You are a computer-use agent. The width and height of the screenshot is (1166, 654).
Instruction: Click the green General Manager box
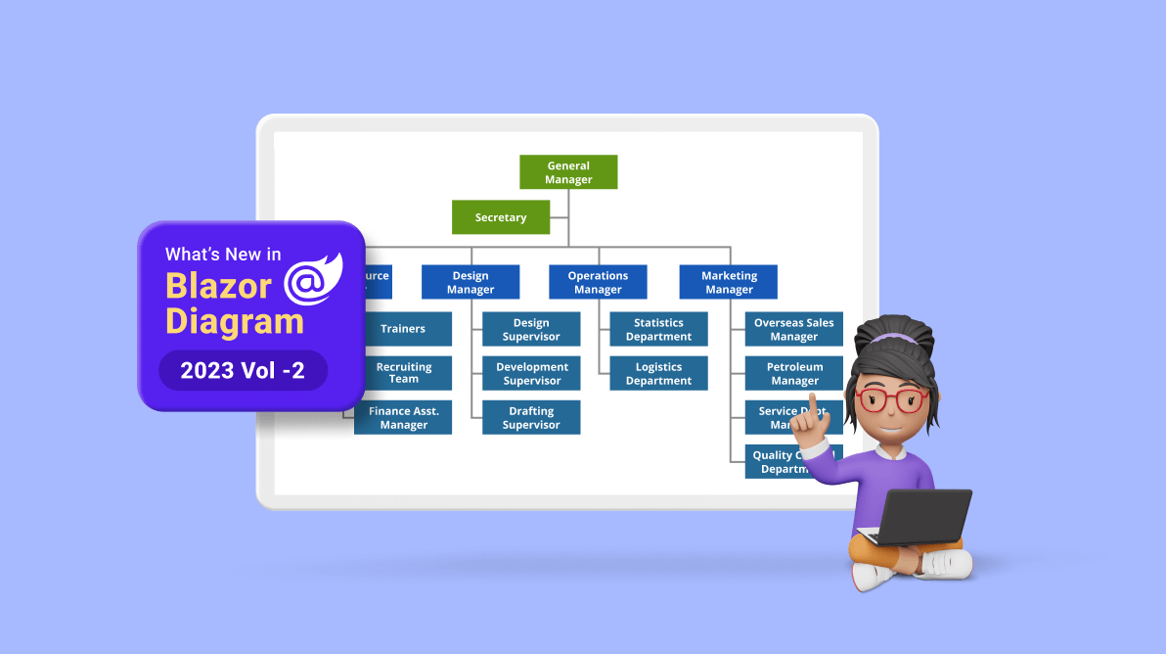568,172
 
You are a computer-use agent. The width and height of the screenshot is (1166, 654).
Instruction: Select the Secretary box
500,217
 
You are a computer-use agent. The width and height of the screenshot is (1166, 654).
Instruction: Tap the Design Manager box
470,282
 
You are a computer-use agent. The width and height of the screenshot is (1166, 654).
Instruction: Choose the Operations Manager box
598,282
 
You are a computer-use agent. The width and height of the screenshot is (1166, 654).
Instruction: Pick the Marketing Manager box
729,282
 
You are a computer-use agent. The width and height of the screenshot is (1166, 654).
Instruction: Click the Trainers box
403,329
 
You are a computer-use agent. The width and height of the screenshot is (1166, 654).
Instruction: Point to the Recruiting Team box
403,373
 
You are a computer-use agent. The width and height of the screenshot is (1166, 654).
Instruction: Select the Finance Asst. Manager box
403,418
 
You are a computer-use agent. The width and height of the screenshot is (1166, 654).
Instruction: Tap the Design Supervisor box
531,329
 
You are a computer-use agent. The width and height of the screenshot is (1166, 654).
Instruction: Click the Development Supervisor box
531,373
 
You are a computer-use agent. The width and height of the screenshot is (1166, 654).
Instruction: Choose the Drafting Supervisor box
531,418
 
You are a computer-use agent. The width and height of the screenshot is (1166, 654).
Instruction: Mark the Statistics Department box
658,329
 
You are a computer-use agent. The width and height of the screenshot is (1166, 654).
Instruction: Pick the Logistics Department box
658,373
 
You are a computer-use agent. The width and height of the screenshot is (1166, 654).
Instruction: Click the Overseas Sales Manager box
793,329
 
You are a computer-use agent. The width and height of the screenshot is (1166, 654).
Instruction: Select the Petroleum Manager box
793,373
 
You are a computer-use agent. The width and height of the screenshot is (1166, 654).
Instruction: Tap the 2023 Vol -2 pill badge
243,370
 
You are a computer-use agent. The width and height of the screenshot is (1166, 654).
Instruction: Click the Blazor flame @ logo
312,279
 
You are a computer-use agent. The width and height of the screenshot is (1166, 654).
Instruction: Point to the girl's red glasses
891,398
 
